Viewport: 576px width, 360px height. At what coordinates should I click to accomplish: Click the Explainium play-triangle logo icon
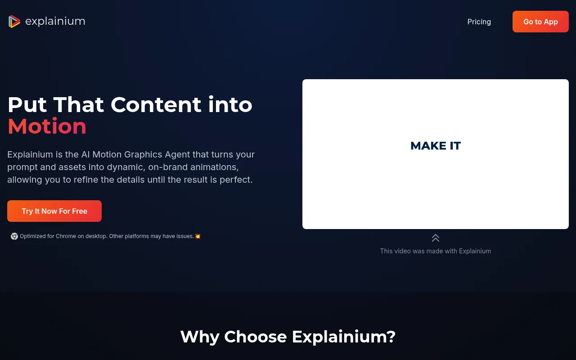[14, 21]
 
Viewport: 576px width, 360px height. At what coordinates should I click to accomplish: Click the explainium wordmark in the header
[55, 21]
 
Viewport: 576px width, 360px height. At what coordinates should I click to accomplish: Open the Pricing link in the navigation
[479, 22]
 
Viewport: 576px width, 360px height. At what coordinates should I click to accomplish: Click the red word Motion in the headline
[47, 126]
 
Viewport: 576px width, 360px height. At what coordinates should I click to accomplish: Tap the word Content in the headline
[156, 105]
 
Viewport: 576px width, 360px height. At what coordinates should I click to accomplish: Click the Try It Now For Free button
[54, 211]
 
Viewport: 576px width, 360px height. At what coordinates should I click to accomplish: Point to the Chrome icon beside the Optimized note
[14, 236]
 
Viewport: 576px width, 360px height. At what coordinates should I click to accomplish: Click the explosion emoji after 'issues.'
[198, 236]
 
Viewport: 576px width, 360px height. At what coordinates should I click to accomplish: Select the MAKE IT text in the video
[436, 146]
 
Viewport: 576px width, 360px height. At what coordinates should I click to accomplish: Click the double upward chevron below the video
[436, 238]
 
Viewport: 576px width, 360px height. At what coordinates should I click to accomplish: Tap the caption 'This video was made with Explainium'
[436, 251]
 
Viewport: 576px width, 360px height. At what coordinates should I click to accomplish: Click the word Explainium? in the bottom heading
[343, 337]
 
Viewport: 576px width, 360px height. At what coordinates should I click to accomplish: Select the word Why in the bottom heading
[200, 337]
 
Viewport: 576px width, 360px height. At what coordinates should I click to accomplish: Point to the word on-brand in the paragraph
[168, 167]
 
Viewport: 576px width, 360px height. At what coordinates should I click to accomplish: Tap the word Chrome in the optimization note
[66, 236]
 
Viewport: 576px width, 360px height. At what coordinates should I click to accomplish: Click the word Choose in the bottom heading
[255, 337]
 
